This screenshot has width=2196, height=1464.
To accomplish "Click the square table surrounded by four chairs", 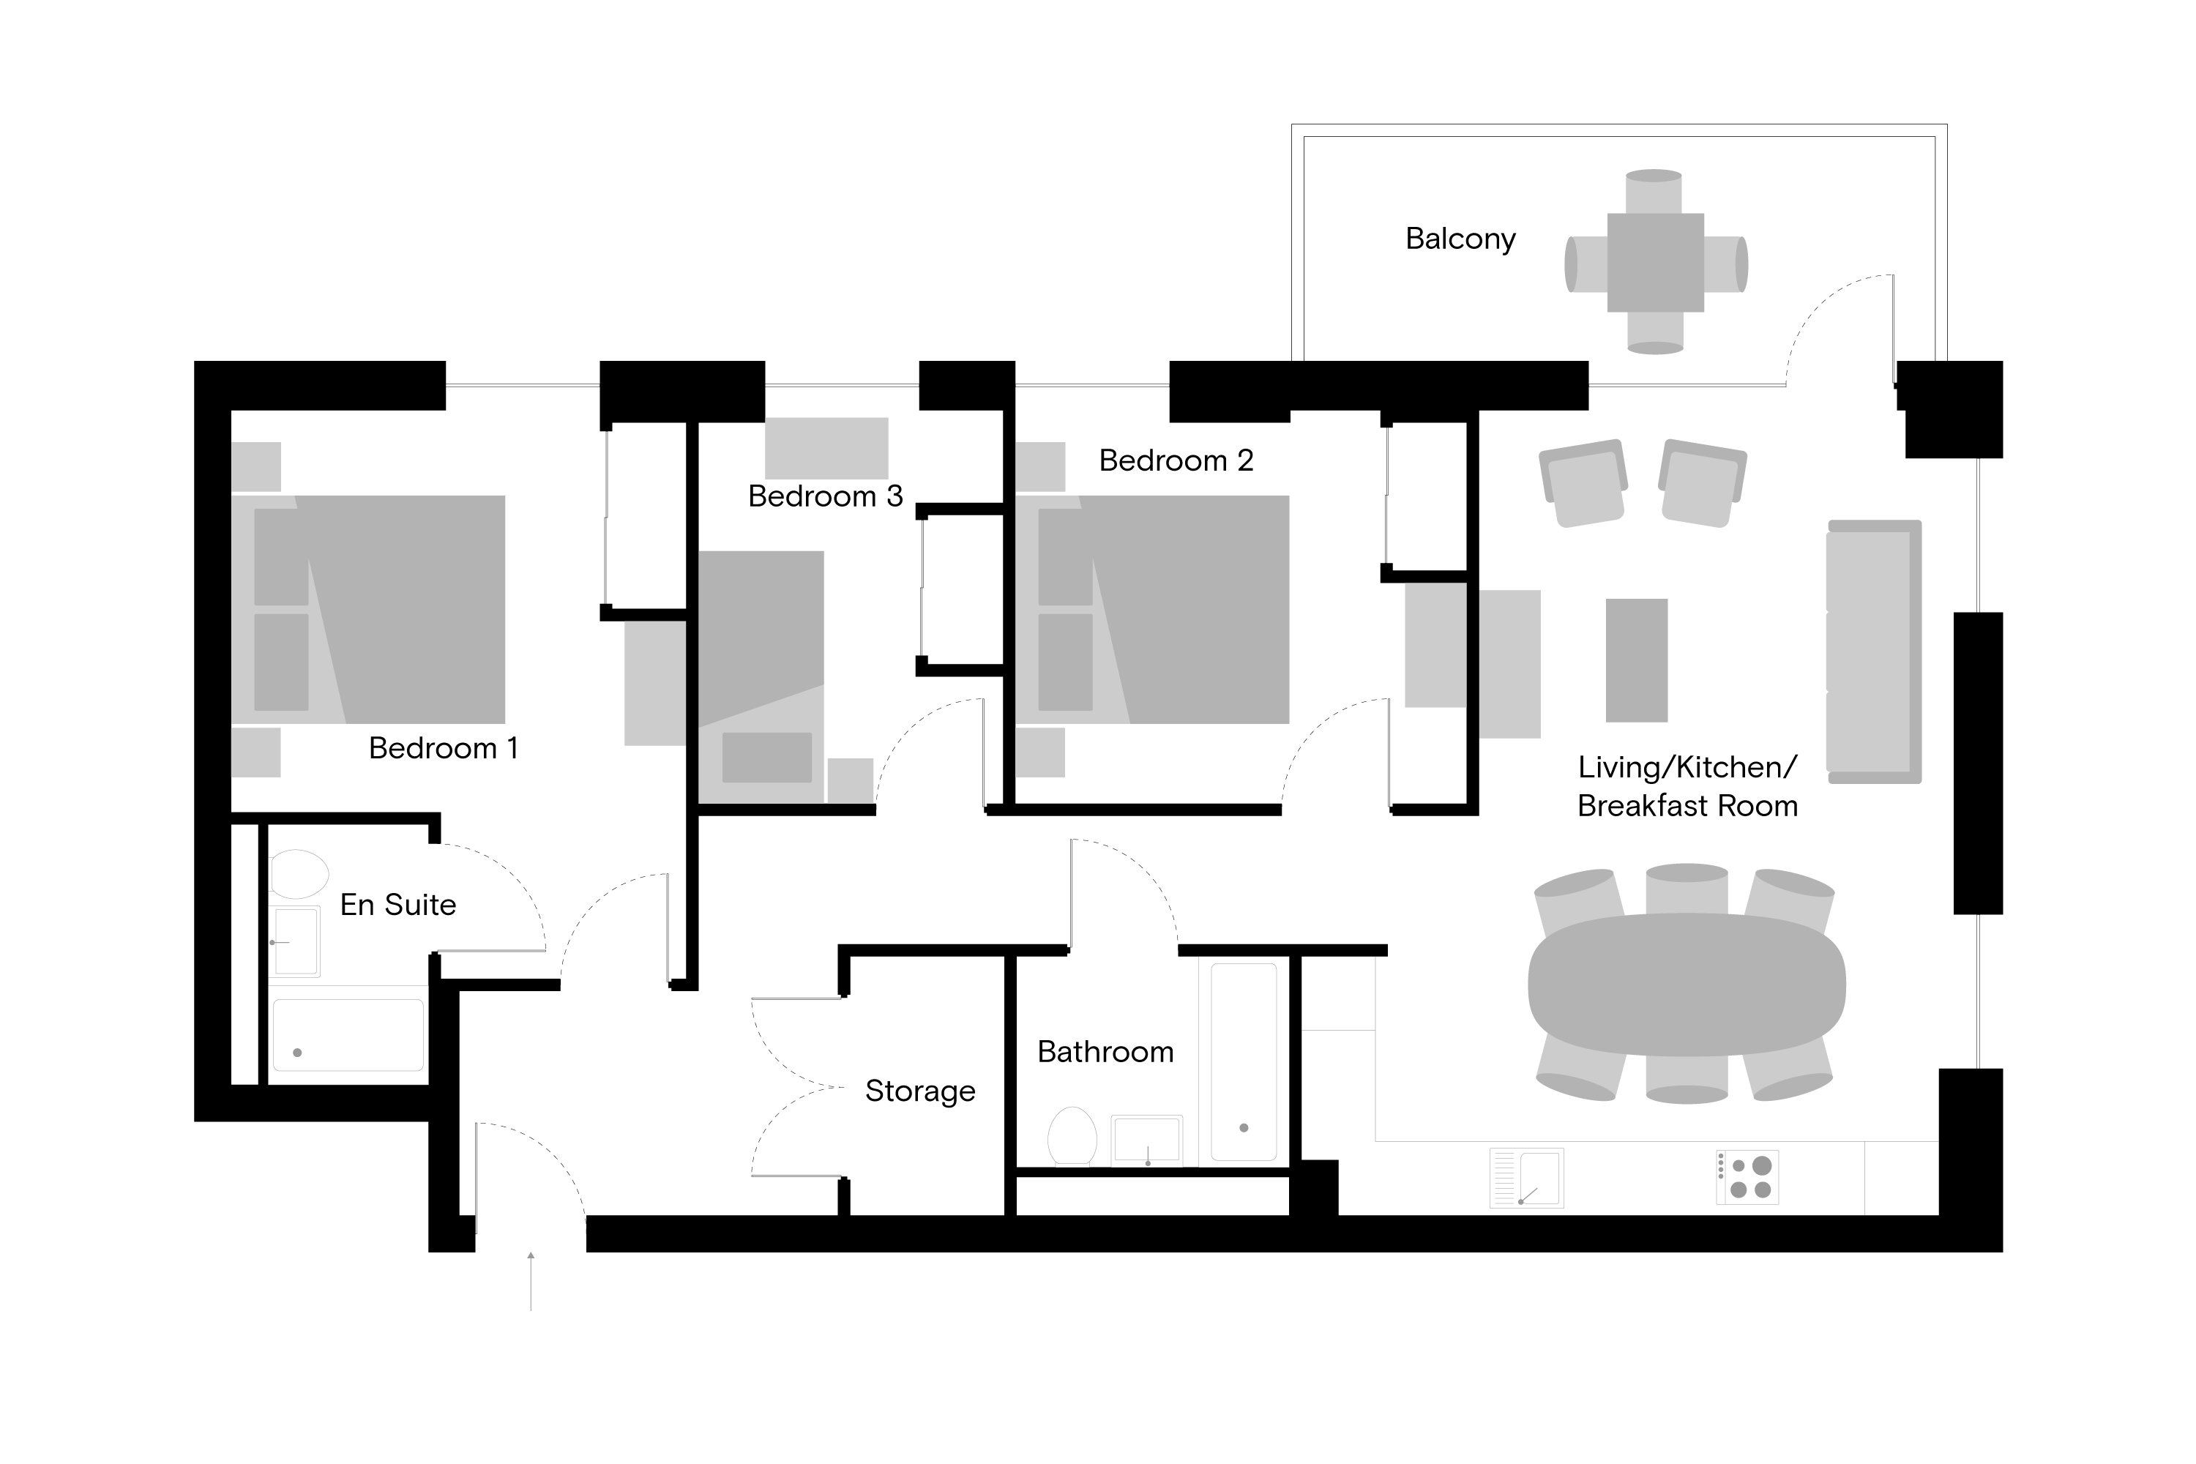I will tap(1655, 262).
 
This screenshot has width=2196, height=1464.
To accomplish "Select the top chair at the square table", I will tap(1654, 190).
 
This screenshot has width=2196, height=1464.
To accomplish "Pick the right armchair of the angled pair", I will tap(1702, 484).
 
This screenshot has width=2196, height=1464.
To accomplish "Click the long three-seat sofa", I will tap(1871, 651).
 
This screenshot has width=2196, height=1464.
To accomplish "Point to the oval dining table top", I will tap(1687, 984).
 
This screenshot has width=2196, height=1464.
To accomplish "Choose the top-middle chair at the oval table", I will tap(1687, 888).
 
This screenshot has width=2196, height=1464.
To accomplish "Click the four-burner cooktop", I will tap(1747, 1177).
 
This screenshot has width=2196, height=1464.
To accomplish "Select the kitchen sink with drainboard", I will tap(1526, 1177).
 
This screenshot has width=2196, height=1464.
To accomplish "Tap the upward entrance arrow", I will tap(530, 1279).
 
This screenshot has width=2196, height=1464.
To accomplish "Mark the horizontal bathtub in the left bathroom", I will tap(348, 1034).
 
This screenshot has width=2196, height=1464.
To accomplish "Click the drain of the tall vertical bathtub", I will tap(1244, 1128).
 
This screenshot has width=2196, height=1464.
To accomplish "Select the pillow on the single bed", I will tap(766, 757).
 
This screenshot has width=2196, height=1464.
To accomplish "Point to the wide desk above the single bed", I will tap(826, 448).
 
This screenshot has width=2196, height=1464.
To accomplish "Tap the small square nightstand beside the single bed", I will tap(850, 780).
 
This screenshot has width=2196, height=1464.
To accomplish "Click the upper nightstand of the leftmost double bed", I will tap(255, 467).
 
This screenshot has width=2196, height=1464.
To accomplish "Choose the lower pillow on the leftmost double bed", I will tap(281, 661).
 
